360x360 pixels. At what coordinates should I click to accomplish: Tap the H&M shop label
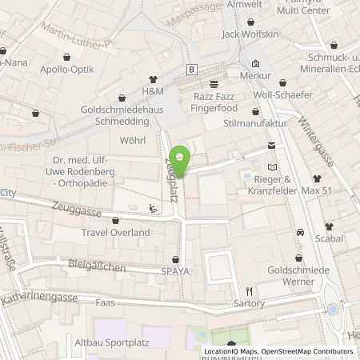[x=153, y=91]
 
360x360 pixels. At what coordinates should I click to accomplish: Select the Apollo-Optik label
[x=67, y=70]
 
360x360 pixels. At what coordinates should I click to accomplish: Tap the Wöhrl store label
[x=132, y=141]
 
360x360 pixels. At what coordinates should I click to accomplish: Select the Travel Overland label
[x=116, y=232]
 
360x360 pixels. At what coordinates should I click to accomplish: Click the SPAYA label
[x=176, y=270]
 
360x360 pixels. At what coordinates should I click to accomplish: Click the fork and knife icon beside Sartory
[x=250, y=291]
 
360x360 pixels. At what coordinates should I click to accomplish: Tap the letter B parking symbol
[x=191, y=70]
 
